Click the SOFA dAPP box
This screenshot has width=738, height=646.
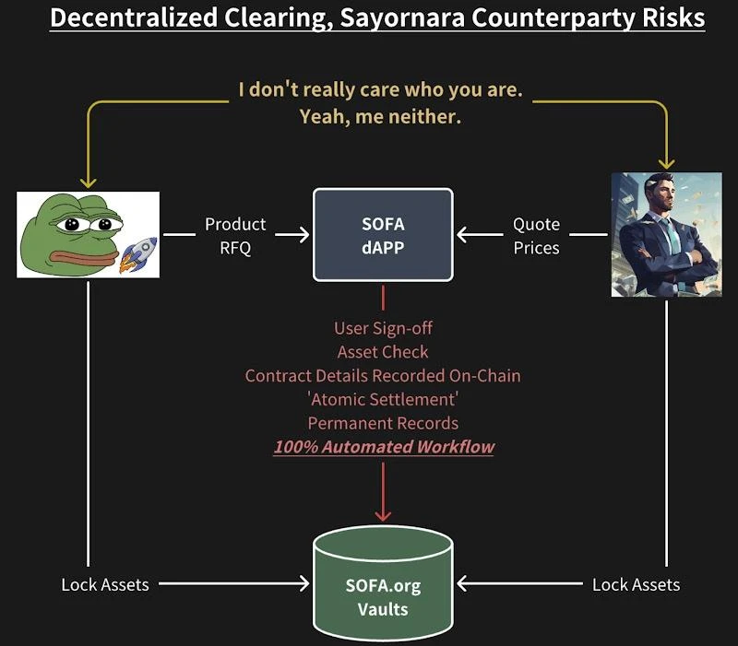coord(383,235)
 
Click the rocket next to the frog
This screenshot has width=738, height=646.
coord(139,253)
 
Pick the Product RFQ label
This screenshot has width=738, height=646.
coord(234,235)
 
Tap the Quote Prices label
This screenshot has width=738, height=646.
coord(536,235)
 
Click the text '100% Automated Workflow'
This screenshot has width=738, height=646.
coord(383,447)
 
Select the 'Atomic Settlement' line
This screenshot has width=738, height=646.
coord(383,399)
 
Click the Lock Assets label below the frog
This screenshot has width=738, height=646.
coord(105,584)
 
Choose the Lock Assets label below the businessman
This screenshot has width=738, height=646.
coord(636,584)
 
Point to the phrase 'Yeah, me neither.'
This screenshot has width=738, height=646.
coord(380,117)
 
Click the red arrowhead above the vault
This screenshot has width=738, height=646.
coord(383,513)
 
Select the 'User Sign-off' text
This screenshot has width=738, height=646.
coord(383,328)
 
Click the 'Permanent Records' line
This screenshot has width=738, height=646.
coord(383,423)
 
